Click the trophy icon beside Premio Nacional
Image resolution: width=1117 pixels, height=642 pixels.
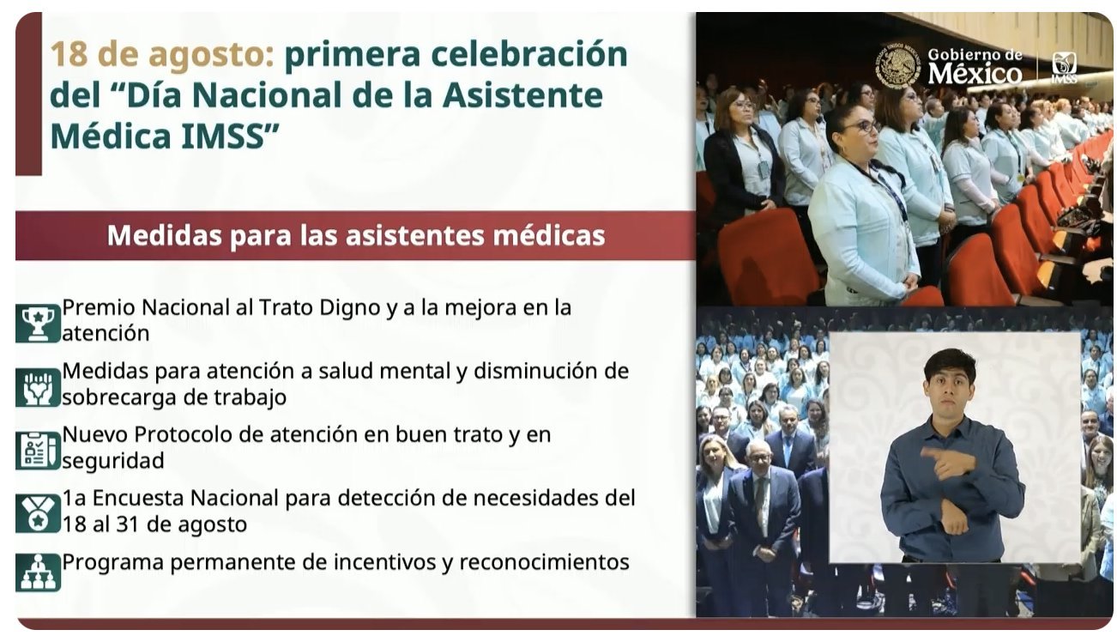click(38, 324)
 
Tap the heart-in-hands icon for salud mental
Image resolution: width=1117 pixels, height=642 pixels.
click(38, 388)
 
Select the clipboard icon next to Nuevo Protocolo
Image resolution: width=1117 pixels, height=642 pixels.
click(38, 451)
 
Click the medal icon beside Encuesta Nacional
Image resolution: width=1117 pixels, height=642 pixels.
click(38, 514)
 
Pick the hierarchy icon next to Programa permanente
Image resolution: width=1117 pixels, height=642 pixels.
click(38, 572)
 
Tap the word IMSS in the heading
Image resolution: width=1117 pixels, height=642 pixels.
click(229, 136)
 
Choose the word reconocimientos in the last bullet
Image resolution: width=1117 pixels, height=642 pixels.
click(544, 562)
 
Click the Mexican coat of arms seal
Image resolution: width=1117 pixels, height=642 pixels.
click(898, 66)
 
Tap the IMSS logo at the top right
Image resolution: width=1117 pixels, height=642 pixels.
click(1064, 67)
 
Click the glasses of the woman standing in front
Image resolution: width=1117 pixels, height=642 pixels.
click(864, 127)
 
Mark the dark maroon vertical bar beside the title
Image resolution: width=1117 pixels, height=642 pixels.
click(29, 94)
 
